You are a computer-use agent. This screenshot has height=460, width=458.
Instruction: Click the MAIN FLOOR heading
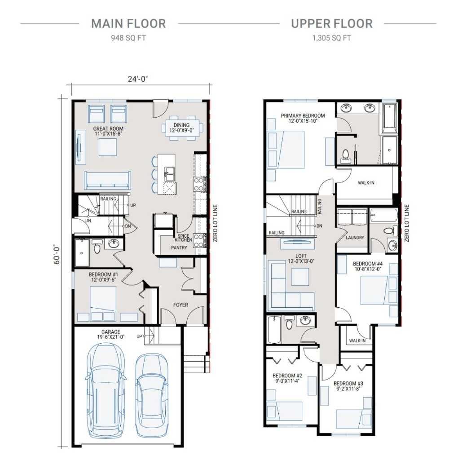coord(128,23)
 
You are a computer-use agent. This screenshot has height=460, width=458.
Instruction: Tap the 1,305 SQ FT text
coord(331,38)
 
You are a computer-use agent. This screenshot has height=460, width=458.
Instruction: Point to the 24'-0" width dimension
coord(138,79)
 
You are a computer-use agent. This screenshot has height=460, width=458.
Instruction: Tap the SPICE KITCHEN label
coord(183,238)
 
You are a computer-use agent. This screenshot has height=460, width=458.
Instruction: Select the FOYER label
coord(181,305)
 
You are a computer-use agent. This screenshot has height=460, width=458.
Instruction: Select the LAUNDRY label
coord(355,238)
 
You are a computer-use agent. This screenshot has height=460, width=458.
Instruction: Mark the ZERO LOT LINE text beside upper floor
coord(407,223)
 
